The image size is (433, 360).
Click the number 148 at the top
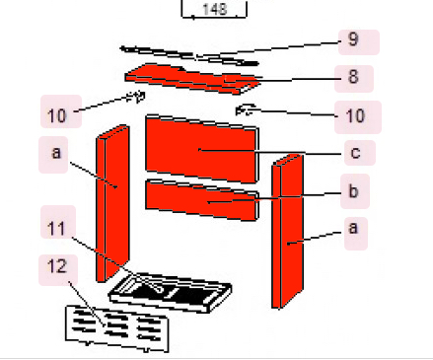214,10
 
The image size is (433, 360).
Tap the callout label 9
353,42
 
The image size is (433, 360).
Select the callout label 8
353,77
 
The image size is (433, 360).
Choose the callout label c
354,154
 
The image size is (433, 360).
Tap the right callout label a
354,229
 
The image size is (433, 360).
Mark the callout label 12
57,267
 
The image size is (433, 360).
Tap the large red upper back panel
201,149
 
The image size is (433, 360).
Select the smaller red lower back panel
201,200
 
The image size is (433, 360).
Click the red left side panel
112,203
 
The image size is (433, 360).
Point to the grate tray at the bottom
173,292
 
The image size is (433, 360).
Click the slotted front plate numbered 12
118,326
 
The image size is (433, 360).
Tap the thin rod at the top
187,52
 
